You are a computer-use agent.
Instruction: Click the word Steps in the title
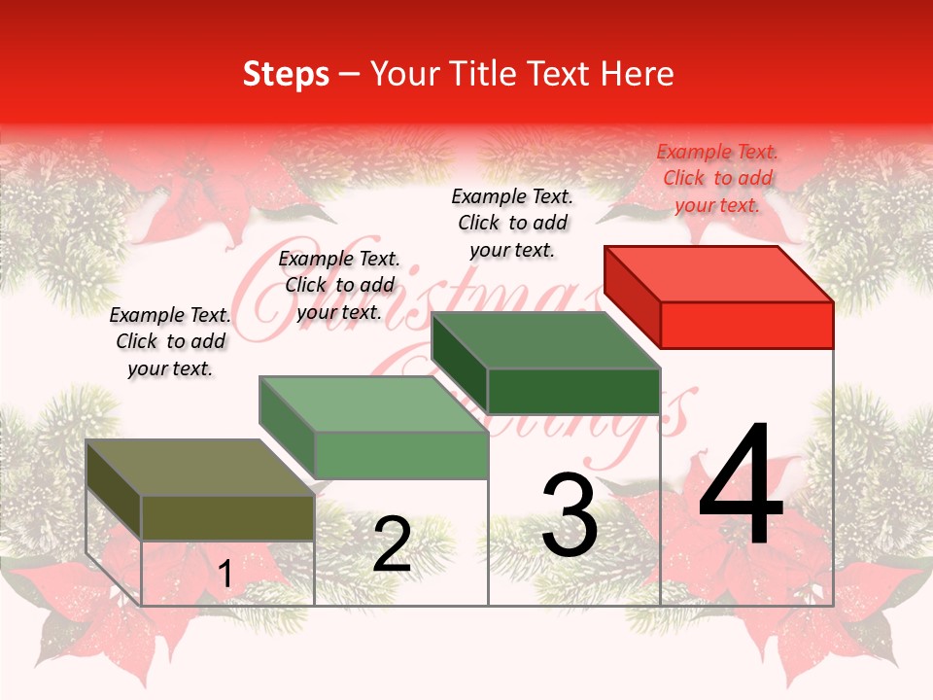[286, 74]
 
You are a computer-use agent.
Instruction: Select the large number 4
[741, 485]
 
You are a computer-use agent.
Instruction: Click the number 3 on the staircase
[570, 514]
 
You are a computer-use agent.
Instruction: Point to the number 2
[392, 544]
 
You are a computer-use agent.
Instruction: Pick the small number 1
[225, 575]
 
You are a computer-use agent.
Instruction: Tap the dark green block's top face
[546, 340]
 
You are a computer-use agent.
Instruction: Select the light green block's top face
[374, 404]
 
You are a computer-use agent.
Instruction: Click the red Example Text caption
[717, 178]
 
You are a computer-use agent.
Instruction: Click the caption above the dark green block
[512, 223]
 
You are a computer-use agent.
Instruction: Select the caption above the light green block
[339, 285]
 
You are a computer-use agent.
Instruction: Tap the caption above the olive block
[170, 341]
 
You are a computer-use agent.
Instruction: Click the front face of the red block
[746, 325]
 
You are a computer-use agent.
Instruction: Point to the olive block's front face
[227, 517]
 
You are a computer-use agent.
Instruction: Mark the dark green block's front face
[573, 391]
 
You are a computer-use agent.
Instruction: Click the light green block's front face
[400, 455]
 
